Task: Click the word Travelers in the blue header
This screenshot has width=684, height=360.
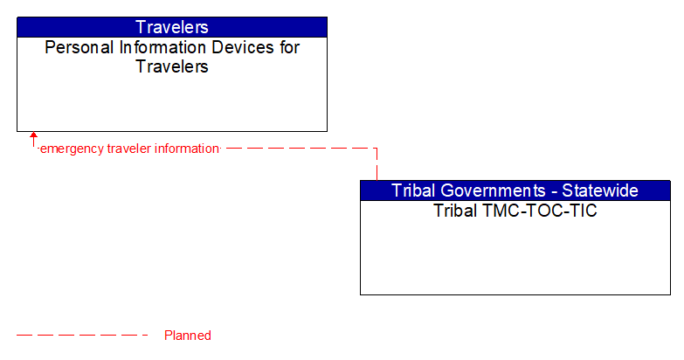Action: tap(172, 27)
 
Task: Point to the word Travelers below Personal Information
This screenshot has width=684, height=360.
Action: tap(172, 66)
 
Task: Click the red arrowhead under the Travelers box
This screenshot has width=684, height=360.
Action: tap(33, 136)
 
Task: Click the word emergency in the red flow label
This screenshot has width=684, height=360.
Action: tap(73, 149)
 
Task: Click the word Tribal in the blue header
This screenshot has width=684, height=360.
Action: tap(413, 190)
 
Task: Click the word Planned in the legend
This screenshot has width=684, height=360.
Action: tap(188, 336)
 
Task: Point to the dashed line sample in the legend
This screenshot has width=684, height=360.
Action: tap(83, 335)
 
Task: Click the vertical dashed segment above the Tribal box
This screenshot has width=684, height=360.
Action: tap(377, 164)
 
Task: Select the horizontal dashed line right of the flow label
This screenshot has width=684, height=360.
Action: tap(297, 149)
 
